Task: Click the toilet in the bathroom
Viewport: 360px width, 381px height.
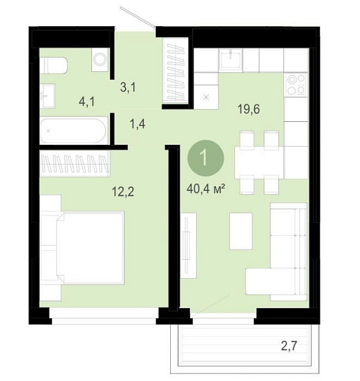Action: click(53, 65)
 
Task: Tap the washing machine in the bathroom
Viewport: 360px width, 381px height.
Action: click(100, 60)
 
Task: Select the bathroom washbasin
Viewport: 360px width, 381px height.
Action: click(48, 96)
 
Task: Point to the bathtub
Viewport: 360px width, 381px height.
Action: click(74, 131)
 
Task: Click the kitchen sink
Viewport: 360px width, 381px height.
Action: click(230, 60)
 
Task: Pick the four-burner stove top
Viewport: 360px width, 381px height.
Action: click(296, 84)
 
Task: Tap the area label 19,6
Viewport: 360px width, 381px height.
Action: click(248, 109)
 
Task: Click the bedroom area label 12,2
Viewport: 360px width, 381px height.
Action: click(123, 192)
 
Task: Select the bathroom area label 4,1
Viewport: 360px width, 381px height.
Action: click(87, 102)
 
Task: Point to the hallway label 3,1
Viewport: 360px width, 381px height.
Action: click(128, 87)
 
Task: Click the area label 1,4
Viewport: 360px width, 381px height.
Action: click(138, 124)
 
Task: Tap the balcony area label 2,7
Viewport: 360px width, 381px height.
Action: click(289, 346)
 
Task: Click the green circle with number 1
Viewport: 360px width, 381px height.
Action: click(205, 159)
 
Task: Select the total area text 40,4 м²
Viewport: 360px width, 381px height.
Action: click(205, 189)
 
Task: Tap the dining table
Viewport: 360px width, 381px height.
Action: click(259, 163)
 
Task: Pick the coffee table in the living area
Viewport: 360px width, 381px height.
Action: click(241, 231)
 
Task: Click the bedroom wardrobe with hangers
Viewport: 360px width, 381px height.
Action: click(75, 163)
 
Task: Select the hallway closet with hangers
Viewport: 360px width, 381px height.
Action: click(177, 72)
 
